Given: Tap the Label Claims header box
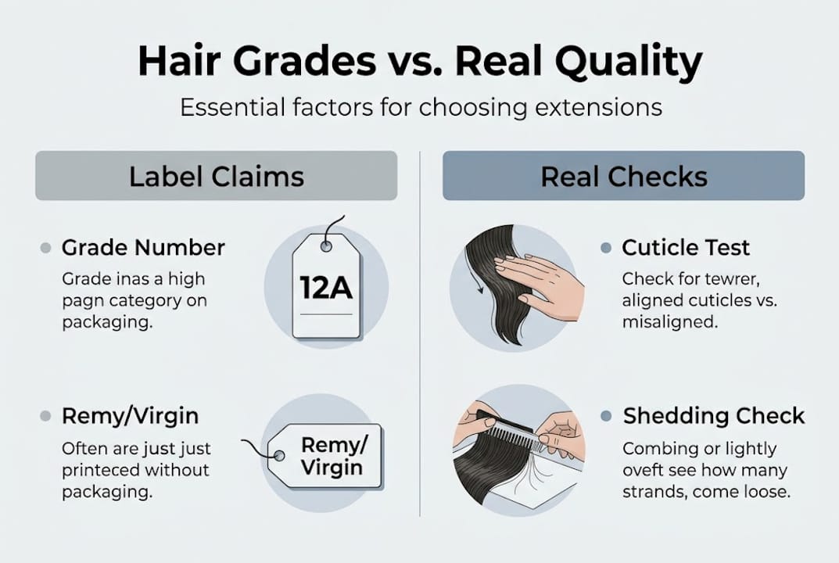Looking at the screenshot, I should point(216,176).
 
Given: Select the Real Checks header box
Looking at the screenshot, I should point(623,176).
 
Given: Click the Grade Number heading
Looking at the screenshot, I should point(143,248).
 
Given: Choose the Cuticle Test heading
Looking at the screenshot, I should point(685,248).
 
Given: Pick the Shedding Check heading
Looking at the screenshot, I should point(713,416).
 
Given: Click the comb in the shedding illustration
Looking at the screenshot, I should point(512,431).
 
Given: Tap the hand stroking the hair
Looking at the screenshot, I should point(540,285).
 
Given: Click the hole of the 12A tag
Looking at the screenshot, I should point(326,246).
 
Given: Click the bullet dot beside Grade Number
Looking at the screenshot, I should point(45,248).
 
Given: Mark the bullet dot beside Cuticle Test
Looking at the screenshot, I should point(605,248).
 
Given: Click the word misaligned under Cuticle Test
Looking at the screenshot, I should point(669,321).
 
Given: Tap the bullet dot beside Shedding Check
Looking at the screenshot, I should point(605,416).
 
